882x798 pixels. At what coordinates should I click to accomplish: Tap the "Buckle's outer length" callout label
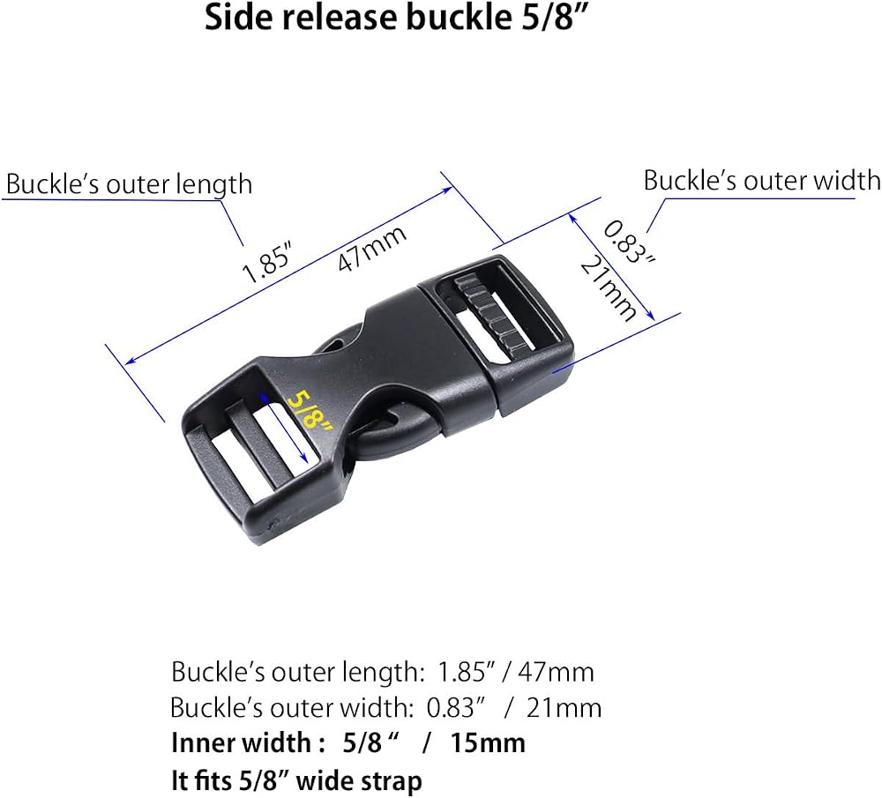[129, 184]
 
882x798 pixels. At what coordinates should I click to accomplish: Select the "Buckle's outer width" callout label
[762, 181]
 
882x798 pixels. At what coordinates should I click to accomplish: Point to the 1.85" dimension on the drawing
[268, 262]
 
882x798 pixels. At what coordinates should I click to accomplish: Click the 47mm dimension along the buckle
[372, 248]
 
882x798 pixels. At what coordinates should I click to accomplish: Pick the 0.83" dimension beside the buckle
[630, 242]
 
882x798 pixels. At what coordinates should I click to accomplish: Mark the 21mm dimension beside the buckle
[608, 288]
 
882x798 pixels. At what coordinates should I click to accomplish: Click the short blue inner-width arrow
[283, 427]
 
